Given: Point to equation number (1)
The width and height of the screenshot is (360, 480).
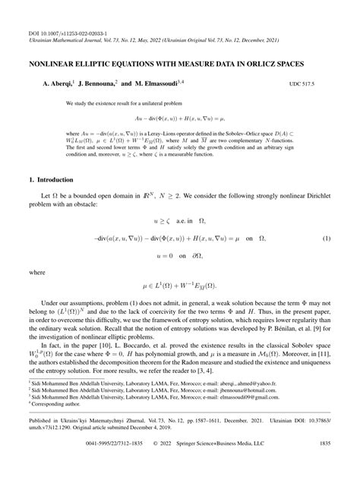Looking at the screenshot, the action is (326, 239).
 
